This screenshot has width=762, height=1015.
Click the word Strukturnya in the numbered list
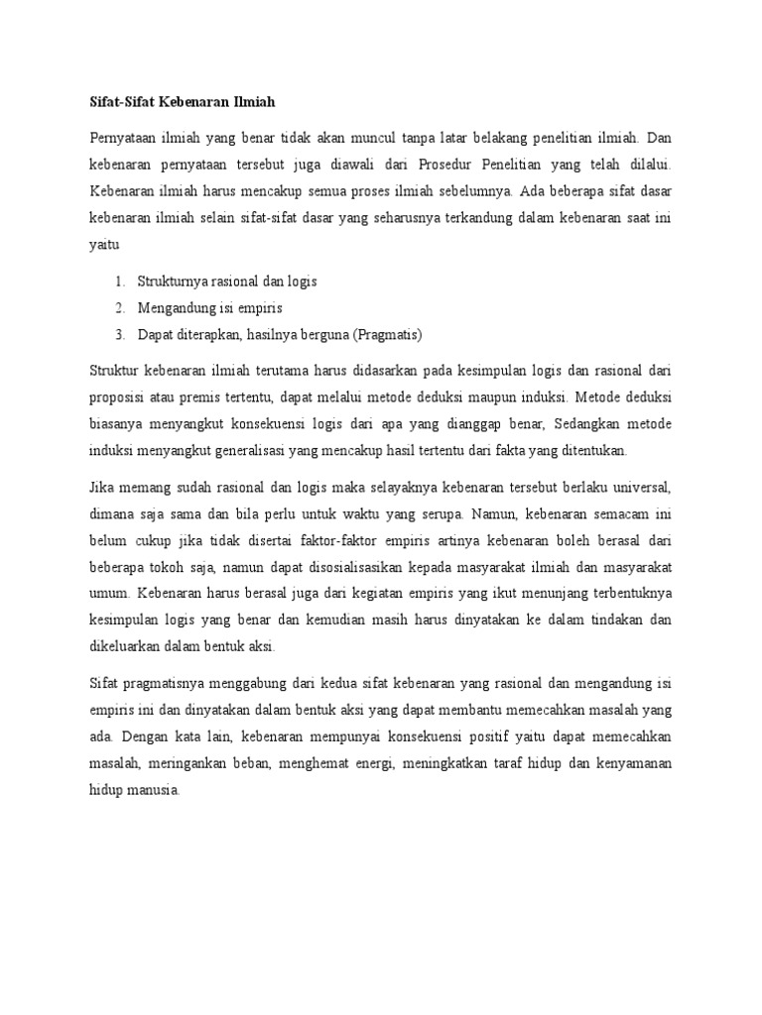[174, 282]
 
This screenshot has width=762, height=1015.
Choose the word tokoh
[160, 567]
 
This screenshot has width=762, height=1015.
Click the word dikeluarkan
[124, 645]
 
